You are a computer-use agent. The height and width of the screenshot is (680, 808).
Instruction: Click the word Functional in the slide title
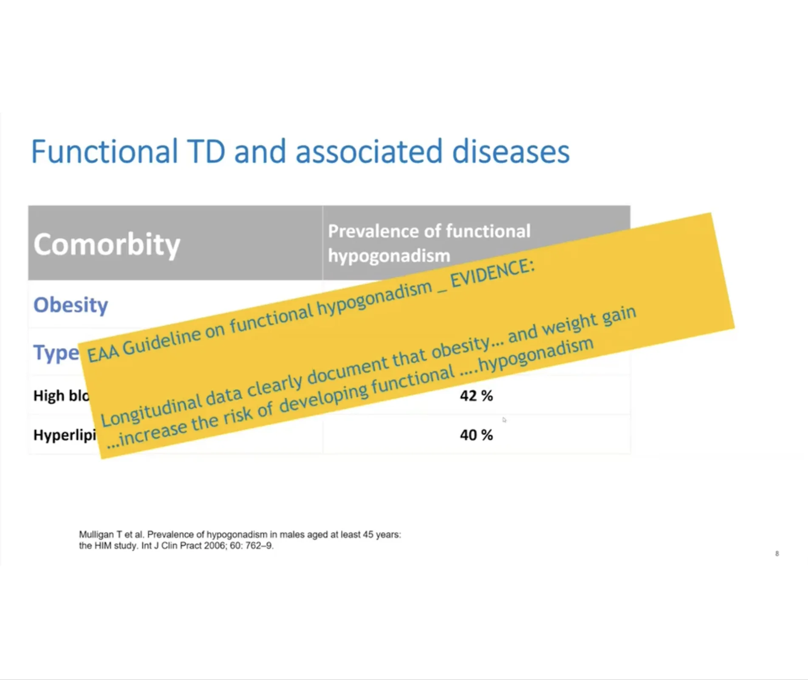tap(105, 152)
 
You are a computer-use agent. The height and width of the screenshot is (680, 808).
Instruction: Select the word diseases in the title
tap(510, 152)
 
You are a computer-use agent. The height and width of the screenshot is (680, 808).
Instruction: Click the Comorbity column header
tap(107, 244)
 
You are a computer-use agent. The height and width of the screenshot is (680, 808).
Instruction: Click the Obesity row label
tap(71, 305)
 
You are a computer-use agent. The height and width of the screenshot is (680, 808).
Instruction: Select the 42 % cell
tap(476, 396)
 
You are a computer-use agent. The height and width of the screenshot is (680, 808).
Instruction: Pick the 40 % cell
tap(476, 435)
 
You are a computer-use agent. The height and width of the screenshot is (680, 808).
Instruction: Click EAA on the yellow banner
tap(102, 352)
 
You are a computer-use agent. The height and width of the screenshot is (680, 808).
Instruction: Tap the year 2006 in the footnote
tap(215, 545)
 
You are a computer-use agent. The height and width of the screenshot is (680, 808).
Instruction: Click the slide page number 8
tap(777, 554)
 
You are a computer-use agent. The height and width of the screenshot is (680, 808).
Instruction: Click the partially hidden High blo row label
tap(61, 396)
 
